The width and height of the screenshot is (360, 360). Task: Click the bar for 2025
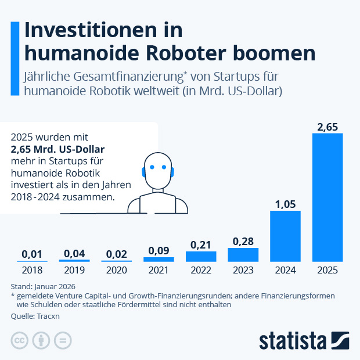pyautogui.click(x=327, y=197)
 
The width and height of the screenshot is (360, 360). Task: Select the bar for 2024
pyautogui.click(x=285, y=236)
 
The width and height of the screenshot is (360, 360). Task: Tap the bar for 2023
pyautogui.click(x=243, y=254)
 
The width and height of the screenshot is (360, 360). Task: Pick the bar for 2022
pyautogui.click(x=201, y=256)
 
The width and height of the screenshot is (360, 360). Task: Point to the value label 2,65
pyautogui.click(x=327, y=126)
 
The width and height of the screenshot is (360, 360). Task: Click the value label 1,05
pyautogui.click(x=285, y=203)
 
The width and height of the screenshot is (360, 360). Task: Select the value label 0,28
pyautogui.click(x=243, y=240)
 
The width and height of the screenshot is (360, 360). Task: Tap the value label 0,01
pyautogui.click(x=32, y=254)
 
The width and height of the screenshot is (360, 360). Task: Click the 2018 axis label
pyautogui.click(x=32, y=270)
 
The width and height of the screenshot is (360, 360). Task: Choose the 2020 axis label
pyautogui.click(x=116, y=270)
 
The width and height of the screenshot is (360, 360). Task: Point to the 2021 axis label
pyautogui.click(x=159, y=270)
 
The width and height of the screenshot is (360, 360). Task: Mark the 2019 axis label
pyautogui.click(x=74, y=270)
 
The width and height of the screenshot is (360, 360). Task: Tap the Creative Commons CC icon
pyautogui.click(x=20, y=341)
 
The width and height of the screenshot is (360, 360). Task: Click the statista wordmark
pyautogui.click(x=293, y=340)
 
